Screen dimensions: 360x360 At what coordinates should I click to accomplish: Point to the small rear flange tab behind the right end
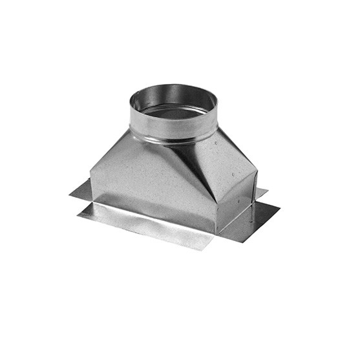(262, 193)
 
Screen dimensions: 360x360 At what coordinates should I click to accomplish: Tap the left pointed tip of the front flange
(78, 212)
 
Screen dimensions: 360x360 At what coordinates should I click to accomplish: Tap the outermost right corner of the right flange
(279, 207)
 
